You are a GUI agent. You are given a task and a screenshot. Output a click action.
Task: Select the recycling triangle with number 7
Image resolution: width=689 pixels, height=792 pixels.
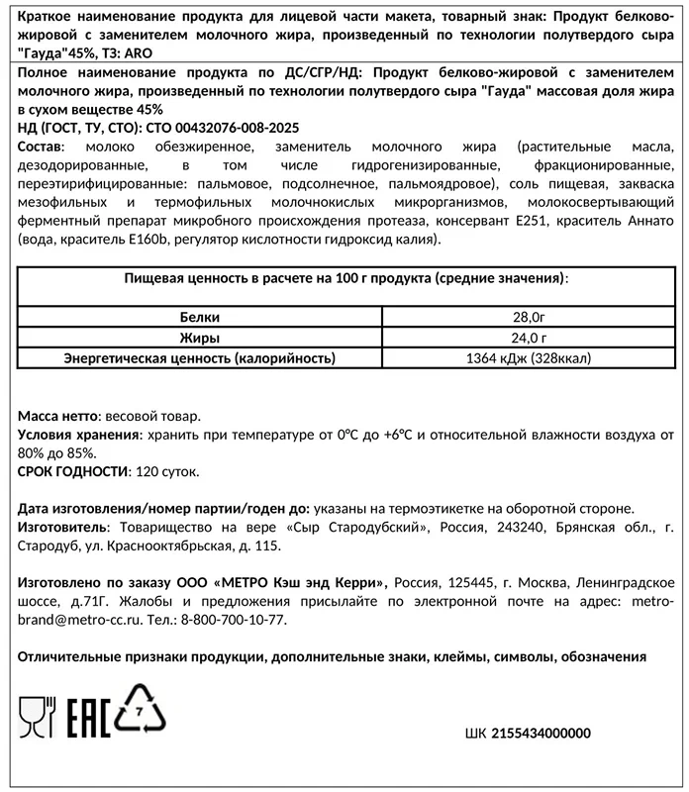[141, 710]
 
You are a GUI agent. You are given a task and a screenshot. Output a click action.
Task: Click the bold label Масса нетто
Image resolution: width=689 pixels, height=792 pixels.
[56, 416]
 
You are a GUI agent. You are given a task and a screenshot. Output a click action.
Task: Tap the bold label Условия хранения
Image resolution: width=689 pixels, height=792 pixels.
[76, 435]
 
